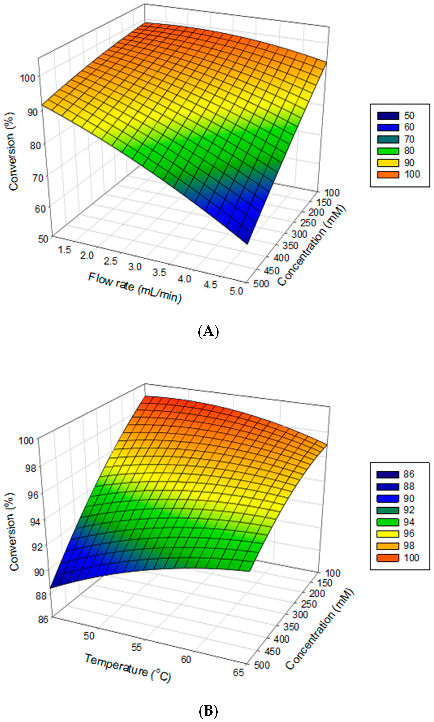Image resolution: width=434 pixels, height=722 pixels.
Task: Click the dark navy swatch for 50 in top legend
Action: click(x=388, y=116)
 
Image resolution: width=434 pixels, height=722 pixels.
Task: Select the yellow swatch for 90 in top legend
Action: click(x=388, y=163)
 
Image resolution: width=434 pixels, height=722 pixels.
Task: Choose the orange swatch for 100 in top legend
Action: click(x=388, y=174)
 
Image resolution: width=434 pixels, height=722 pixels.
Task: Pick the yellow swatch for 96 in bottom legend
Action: click(x=388, y=534)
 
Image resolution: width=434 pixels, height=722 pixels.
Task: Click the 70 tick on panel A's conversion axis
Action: click(x=36, y=178)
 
